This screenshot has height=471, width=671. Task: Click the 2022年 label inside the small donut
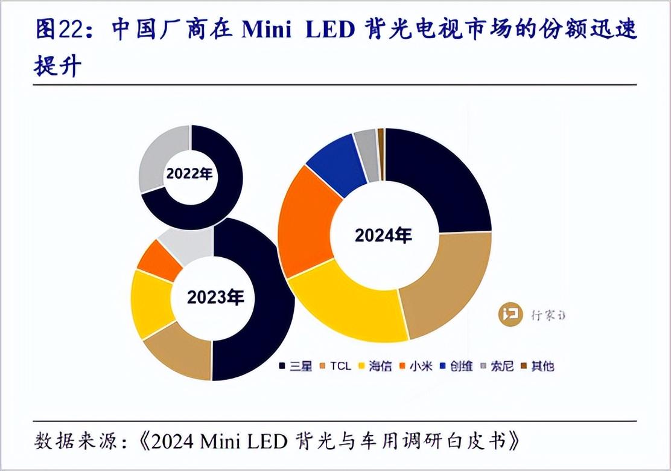189,175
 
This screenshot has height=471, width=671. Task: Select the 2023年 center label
215,297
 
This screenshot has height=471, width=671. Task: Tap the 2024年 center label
383,235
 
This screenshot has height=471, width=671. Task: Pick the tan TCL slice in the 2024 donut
447,284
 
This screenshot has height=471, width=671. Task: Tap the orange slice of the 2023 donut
155,257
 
